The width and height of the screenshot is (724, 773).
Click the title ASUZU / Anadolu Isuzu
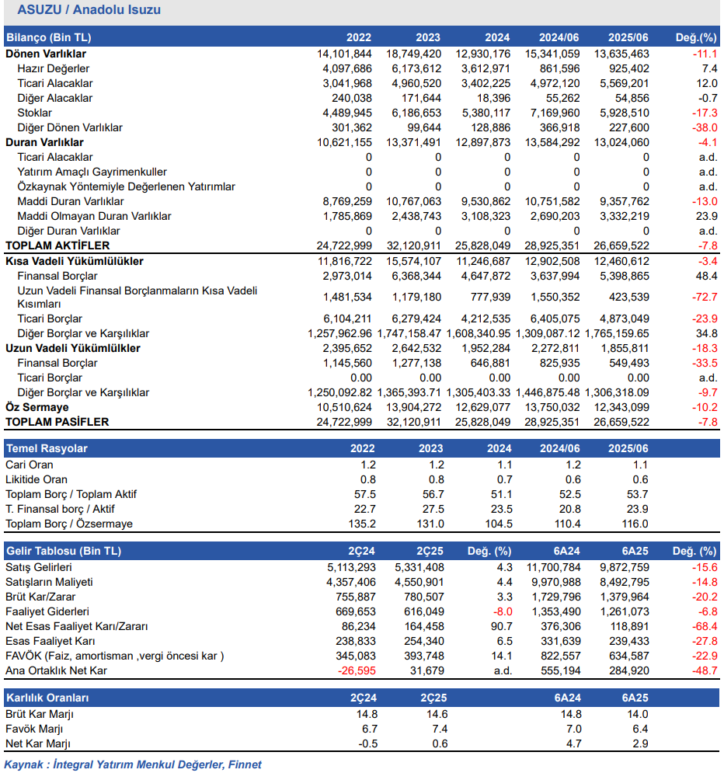click(89, 11)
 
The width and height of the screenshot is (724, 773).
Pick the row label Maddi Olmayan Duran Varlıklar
click(94, 216)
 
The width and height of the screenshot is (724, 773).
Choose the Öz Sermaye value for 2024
click(483, 407)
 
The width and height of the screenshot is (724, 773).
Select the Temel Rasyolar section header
click(47, 448)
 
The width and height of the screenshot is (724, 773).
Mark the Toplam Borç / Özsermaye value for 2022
click(362, 524)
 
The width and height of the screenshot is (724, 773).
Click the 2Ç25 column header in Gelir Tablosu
click(431, 551)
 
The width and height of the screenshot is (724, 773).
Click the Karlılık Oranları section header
click(48, 697)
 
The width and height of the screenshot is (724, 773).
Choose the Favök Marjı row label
click(34, 729)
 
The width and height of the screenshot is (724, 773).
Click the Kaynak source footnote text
click(133, 764)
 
